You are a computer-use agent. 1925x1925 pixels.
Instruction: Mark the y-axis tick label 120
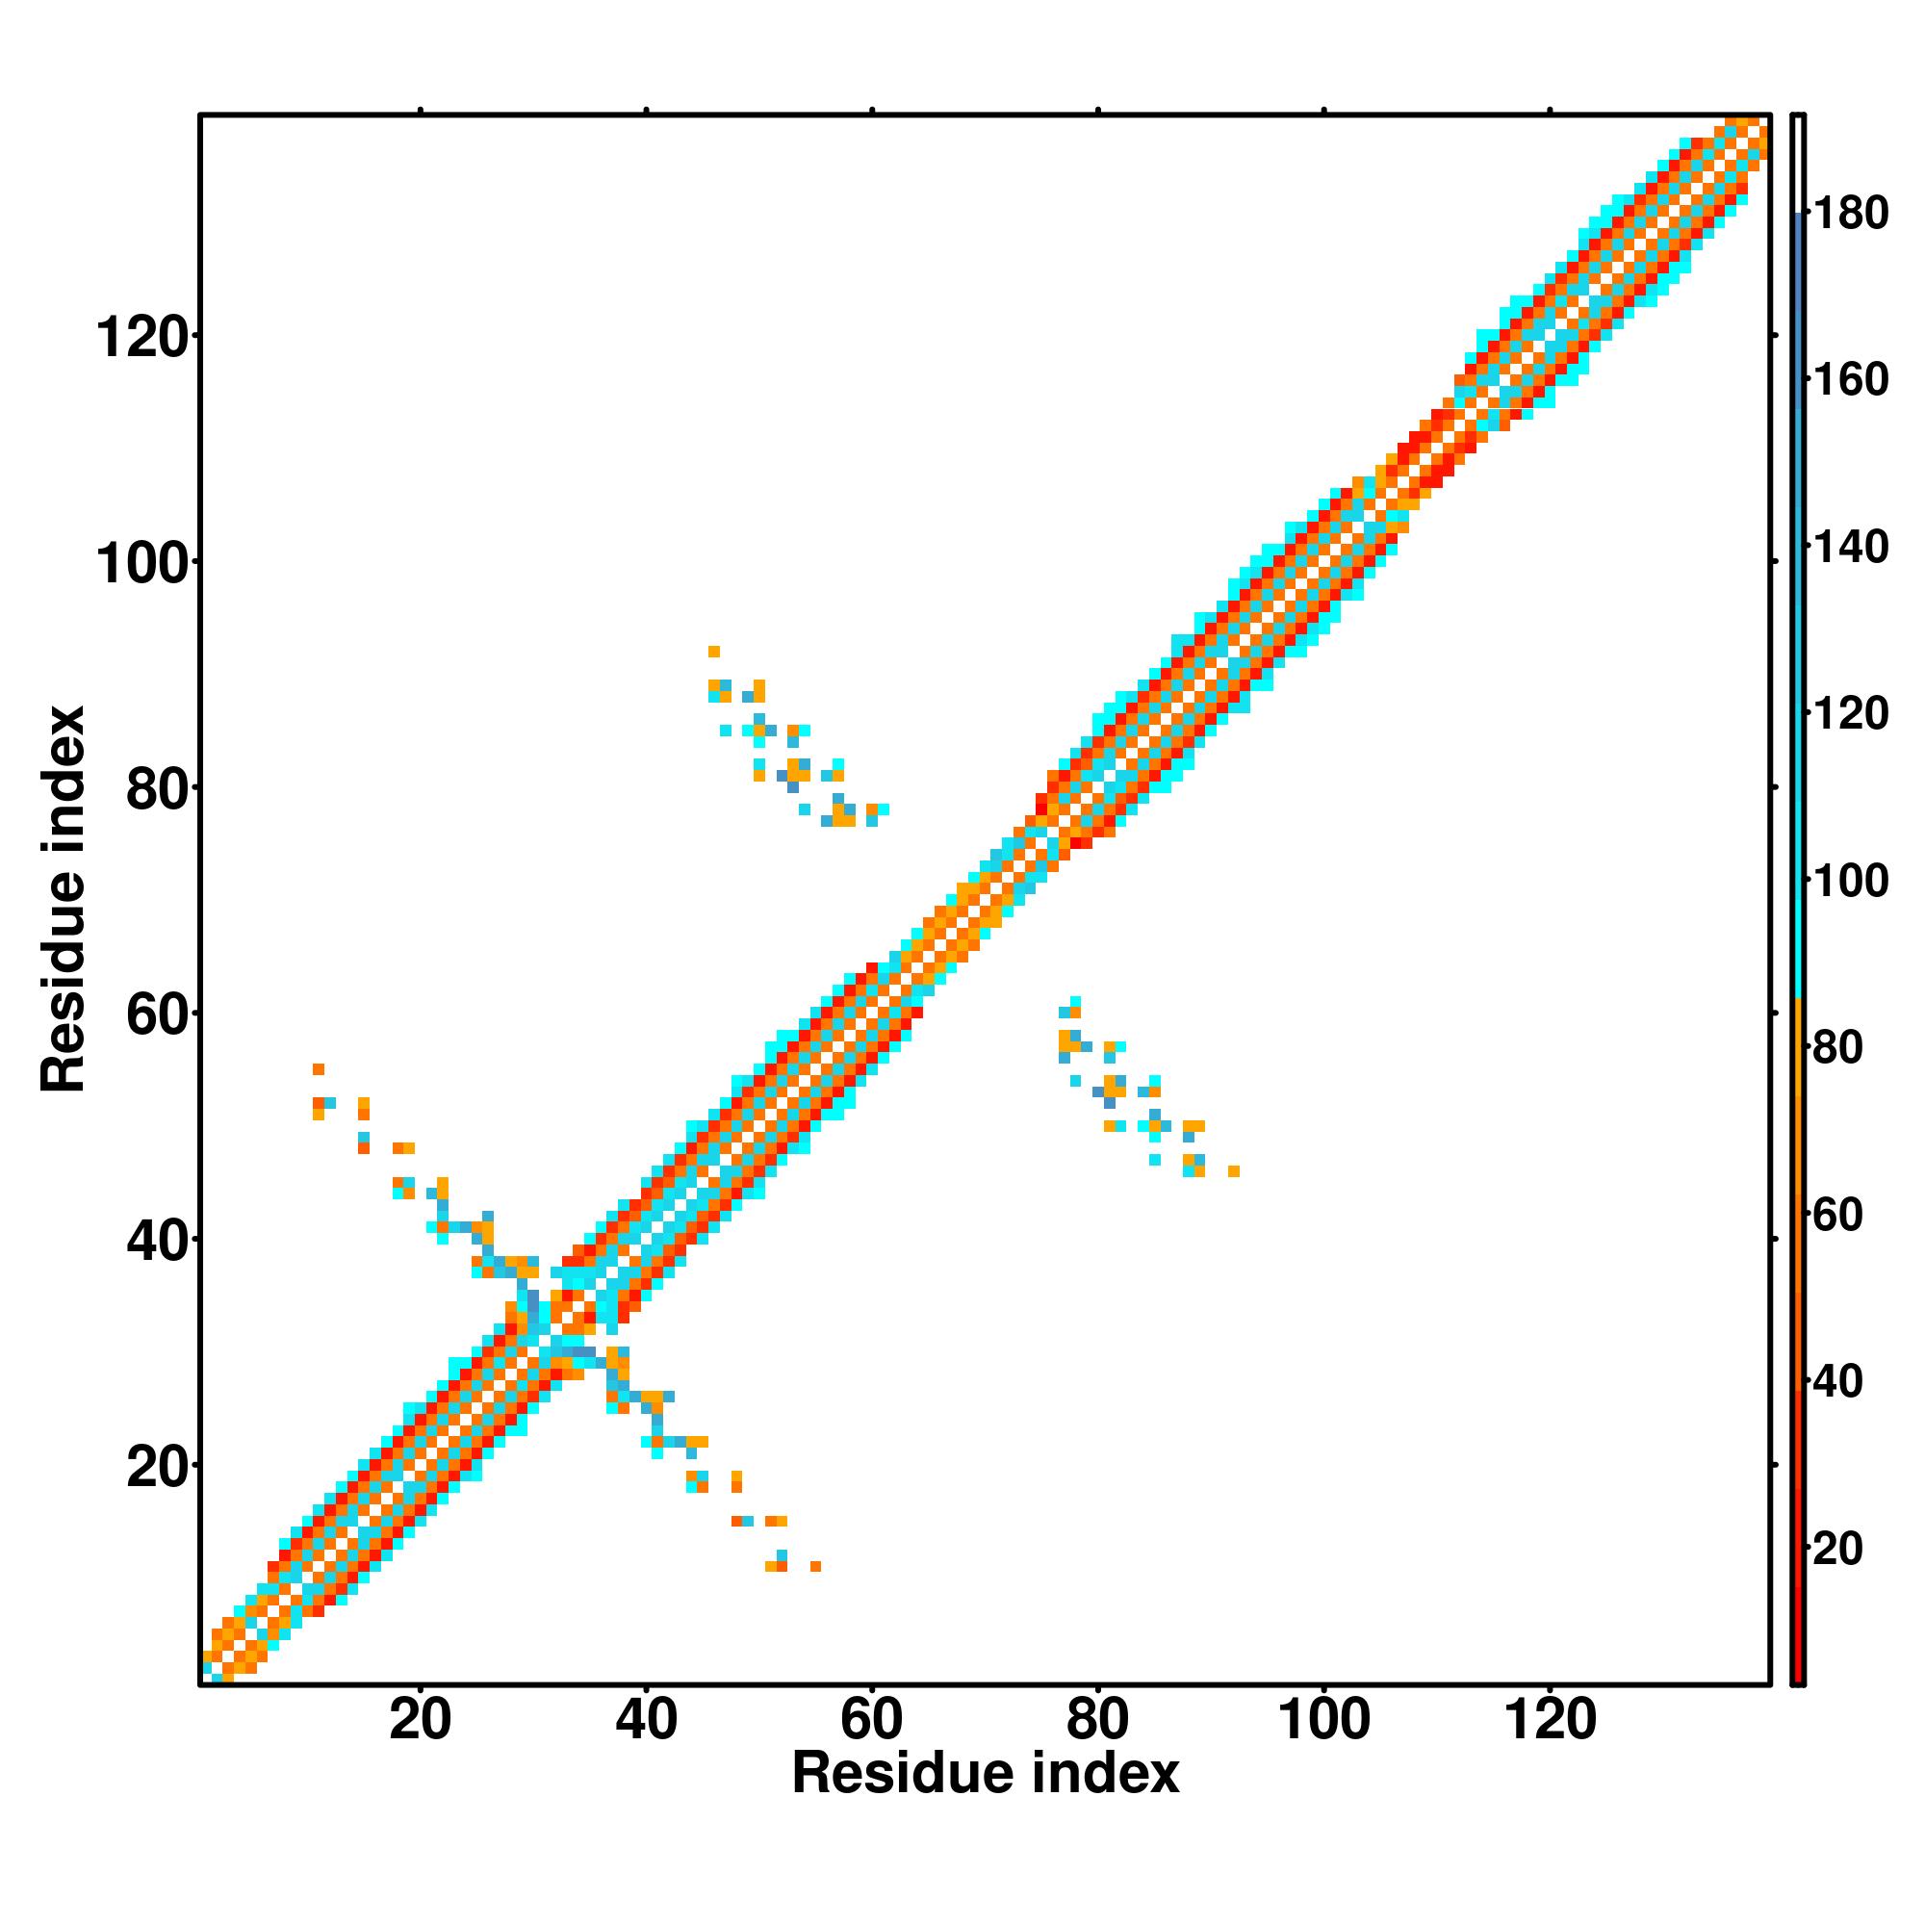click(141, 339)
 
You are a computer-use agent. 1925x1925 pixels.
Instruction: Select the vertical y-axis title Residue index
click(64, 899)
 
